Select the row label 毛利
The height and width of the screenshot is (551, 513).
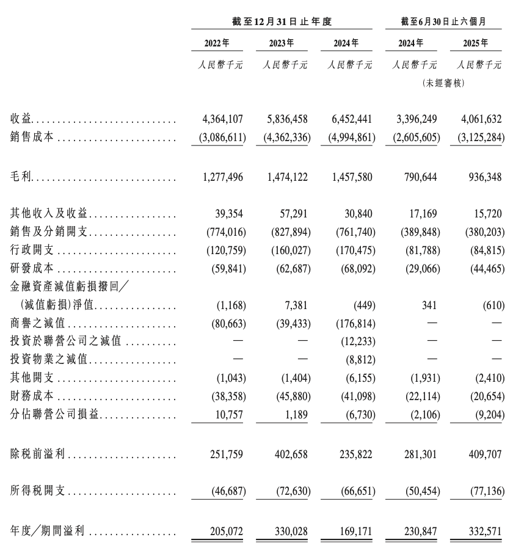tap(22, 177)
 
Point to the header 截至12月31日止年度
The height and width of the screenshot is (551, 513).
tap(282, 21)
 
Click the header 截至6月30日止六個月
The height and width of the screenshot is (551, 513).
tap(443, 21)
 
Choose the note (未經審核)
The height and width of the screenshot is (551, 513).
tap(443, 83)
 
